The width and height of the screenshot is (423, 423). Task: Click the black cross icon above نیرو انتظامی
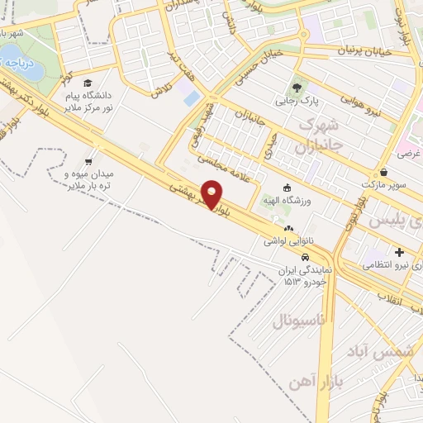pyautogui.click(x=399, y=252)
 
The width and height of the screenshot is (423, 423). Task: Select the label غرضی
pyautogui.click(x=410, y=154)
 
